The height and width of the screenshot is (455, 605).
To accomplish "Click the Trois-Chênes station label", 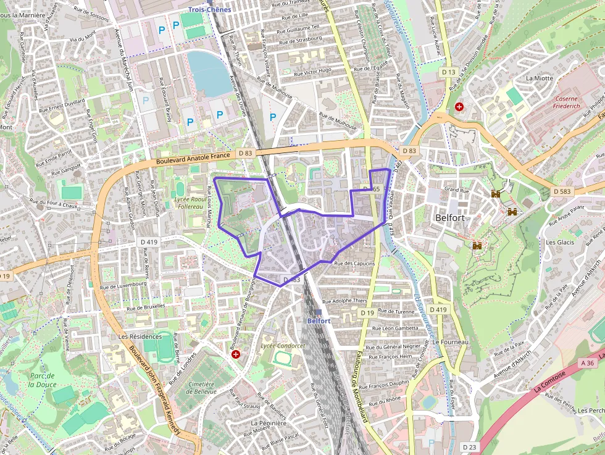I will (210, 9).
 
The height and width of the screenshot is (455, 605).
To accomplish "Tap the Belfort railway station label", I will (319, 321).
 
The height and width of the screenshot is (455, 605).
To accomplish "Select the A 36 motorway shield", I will (588, 364).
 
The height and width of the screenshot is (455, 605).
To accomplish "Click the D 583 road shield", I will (562, 191).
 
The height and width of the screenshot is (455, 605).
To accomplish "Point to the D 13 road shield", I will (449, 72).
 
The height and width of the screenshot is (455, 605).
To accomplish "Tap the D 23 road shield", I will (469, 447).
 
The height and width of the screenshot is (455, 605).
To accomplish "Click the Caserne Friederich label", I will (566, 102).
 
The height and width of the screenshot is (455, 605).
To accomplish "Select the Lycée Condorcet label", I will (283, 346).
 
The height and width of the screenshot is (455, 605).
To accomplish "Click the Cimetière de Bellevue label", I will (201, 388).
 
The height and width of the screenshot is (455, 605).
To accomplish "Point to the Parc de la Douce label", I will (42, 379).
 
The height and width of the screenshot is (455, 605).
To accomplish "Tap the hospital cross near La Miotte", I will (459, 107).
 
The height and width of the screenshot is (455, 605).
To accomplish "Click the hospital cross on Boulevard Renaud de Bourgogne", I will (235, 354).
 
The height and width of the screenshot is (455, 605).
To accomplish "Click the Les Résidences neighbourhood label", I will (140, 336).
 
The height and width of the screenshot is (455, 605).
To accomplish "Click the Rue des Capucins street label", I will (354, 264).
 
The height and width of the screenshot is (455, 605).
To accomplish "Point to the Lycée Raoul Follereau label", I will (190, 204).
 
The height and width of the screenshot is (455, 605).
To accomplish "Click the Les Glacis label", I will (559, 242).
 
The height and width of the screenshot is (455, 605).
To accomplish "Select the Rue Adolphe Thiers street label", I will (346, 301).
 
